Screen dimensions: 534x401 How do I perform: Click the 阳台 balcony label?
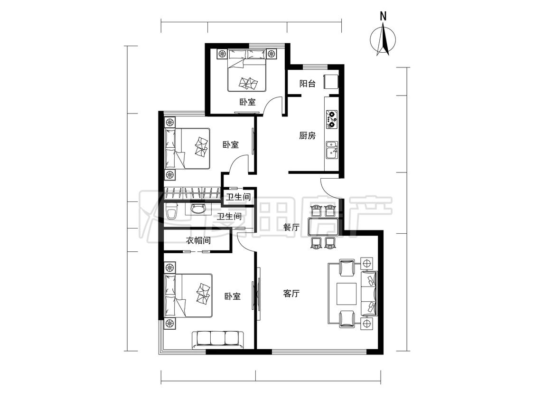click(307, 84)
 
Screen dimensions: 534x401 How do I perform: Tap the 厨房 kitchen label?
click(307, 136)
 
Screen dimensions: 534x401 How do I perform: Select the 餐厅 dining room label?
click(291, 228)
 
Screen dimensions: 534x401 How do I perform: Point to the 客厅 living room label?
click(291, 293)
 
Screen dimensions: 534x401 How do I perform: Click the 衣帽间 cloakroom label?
click(198, 241)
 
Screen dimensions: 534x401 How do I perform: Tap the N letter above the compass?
click(383, 16)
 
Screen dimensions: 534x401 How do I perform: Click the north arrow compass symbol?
click(383, 39)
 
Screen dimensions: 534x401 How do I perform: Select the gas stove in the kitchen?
click(331, 119)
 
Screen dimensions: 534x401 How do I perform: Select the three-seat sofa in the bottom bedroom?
click(217, 340)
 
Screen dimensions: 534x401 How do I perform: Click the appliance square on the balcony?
click(331, 82)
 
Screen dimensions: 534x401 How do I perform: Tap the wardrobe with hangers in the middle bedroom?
click(192, 193)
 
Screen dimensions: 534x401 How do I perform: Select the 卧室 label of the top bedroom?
click(247, 102)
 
